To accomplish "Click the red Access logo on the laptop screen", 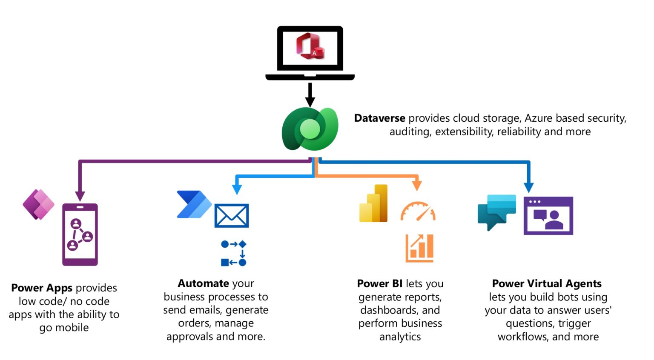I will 310,46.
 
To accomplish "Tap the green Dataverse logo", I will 310,129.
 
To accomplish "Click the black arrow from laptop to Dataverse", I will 310,94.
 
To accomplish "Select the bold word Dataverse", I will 379,118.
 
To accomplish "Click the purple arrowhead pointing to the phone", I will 80,196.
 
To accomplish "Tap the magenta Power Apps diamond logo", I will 39,204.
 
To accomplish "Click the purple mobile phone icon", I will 80,234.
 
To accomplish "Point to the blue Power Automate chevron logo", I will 194,205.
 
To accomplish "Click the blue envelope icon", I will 231,216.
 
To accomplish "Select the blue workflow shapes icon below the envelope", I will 234,253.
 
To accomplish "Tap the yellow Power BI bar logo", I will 374,204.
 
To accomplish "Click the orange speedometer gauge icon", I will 418,211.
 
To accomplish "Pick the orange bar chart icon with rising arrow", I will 419,248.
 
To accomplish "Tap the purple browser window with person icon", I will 548,216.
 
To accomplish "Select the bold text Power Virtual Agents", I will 547,284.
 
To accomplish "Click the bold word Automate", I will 204,283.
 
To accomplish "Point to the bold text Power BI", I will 379,284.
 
